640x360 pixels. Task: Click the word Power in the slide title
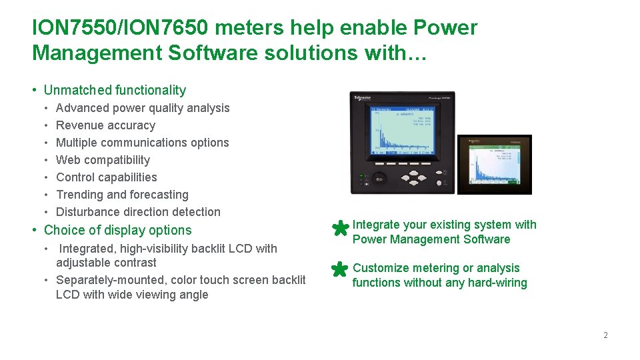click(446, 28)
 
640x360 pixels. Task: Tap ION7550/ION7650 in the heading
click(120, 28)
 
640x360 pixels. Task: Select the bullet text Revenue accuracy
click(105, 125)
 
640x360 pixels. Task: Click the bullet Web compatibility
click(103, 160)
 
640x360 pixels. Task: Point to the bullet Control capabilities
click(107, 177)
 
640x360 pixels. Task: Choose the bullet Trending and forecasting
click(122, 195)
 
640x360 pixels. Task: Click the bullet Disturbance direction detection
click(138, 212)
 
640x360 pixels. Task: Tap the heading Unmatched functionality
click(115, 90)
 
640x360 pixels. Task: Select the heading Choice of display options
click(117, 231)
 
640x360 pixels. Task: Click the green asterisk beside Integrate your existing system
click(339, 229)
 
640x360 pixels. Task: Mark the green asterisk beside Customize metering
click(339, 269)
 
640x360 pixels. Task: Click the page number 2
click(605, 335)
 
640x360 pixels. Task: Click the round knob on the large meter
click(379, 178)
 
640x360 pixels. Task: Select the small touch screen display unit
click(494, 165)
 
